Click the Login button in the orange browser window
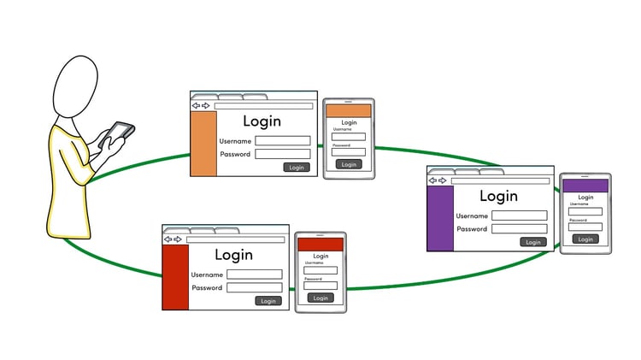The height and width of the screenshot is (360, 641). pos(297,168)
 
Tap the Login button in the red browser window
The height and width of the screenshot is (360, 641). pos(268,301)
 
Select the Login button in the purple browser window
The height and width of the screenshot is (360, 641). pos(533,242)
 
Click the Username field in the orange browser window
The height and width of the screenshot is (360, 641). pos(283,141)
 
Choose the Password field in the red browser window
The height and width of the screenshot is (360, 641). pos(254,288)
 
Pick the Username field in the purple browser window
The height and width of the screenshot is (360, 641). pos(519,216)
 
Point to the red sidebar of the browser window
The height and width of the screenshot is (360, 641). pos(175,277)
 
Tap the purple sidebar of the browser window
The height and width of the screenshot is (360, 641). pos(440,218)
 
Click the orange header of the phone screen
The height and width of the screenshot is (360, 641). pos(349,111)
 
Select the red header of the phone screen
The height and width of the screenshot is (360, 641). pos(320,245)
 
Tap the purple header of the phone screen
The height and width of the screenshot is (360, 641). pos(585,186)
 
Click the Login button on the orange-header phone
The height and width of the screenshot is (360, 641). pos(348,164)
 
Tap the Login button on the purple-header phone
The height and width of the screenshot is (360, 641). pos(585,239)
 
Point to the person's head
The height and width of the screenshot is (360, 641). pos(81,86)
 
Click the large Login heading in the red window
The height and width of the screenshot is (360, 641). pos(233,255)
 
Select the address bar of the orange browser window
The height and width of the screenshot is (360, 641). pos(262,106)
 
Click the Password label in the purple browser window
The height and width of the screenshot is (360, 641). pos(472,229)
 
